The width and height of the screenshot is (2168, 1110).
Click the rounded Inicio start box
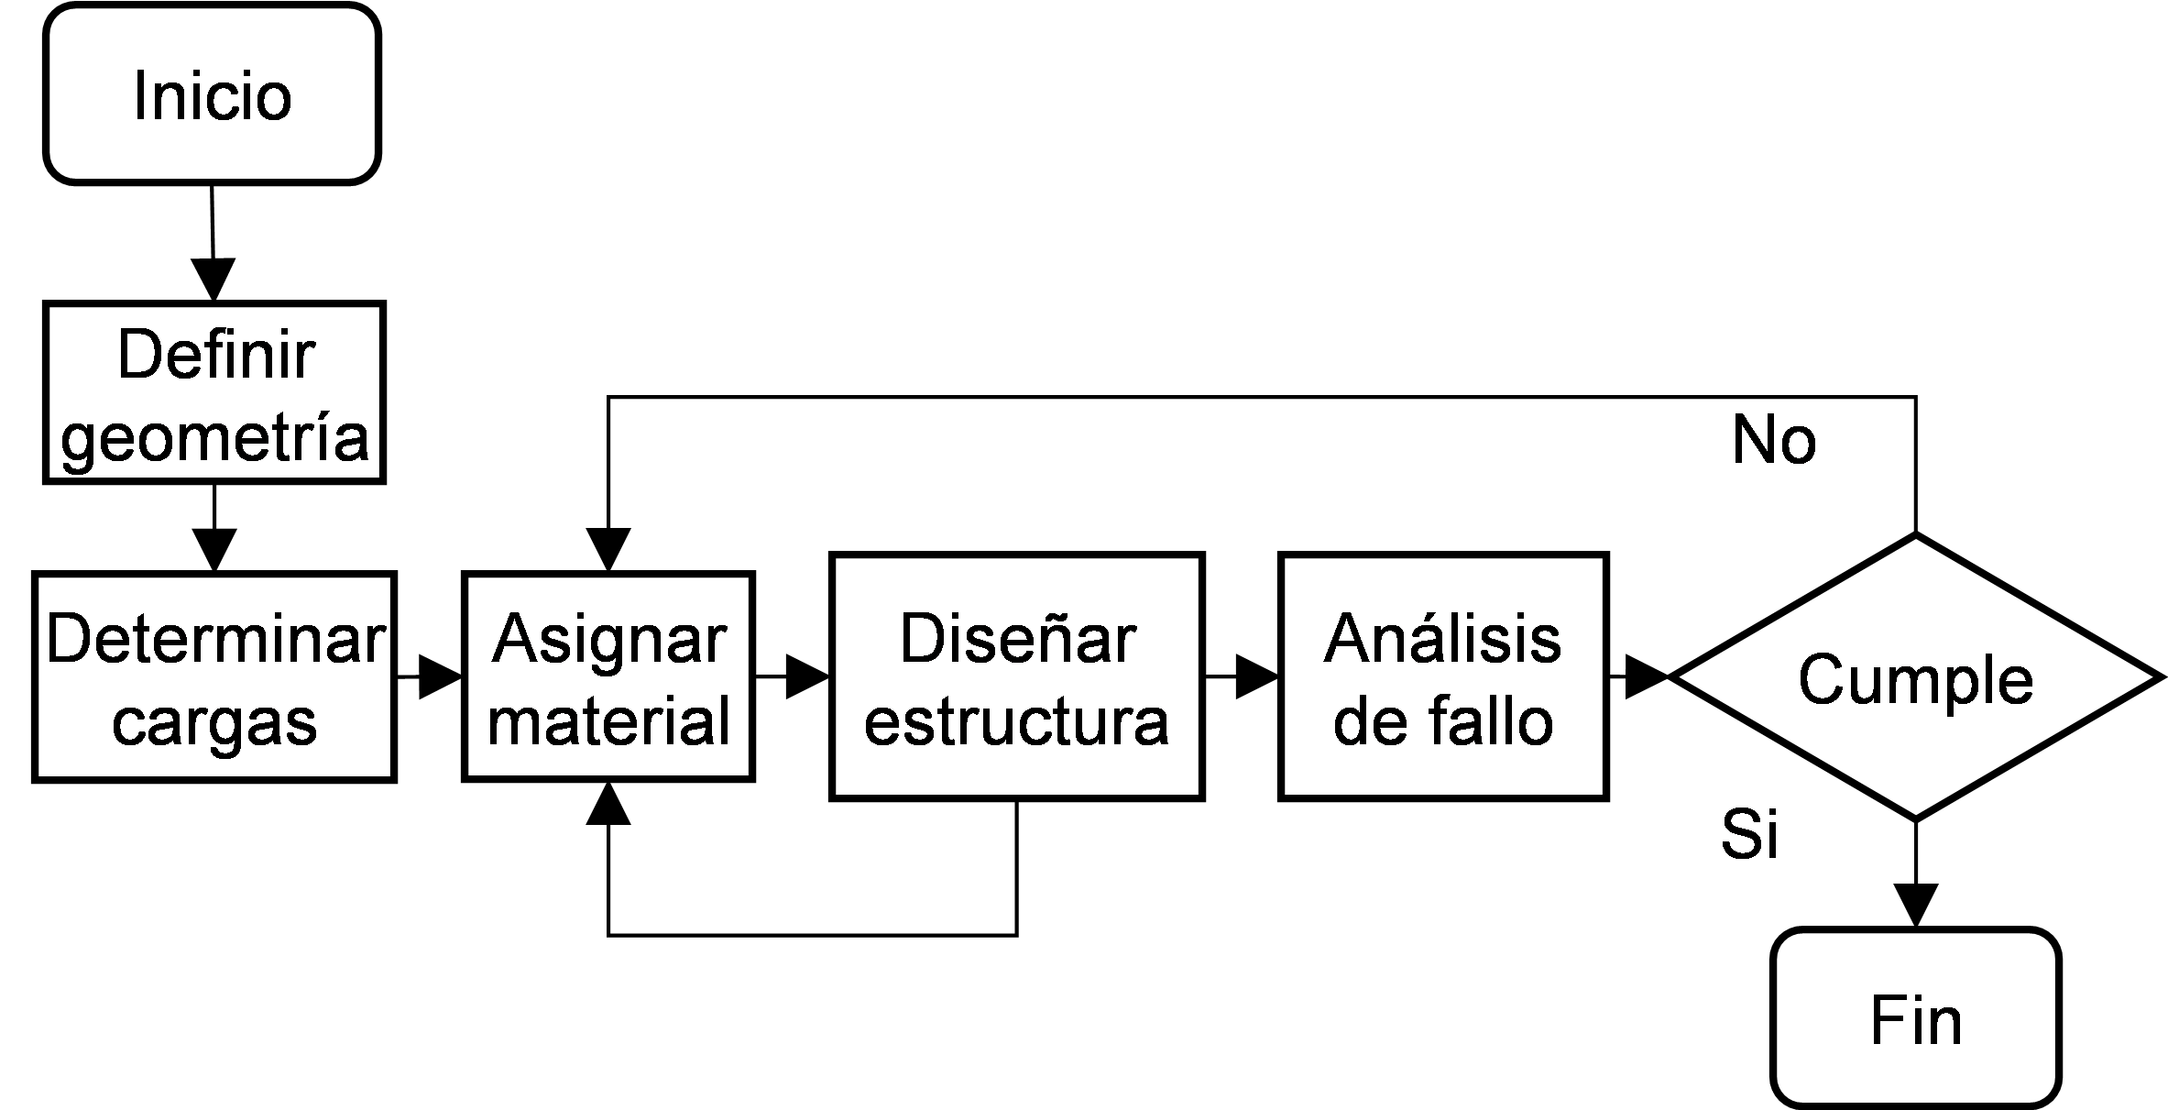coord(212,93)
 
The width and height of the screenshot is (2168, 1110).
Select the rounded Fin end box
coord(1915,1017)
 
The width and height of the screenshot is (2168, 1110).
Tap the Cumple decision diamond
coord(1915,677)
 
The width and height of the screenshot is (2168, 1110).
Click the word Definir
coord(216,355)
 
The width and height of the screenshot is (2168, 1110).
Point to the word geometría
coord(214,437)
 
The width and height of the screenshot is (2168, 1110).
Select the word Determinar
coord(215,639)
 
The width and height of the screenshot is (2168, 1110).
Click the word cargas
coord(214,722)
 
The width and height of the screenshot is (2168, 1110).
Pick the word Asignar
coord(609,639)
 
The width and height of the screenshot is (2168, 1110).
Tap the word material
coord(609,720)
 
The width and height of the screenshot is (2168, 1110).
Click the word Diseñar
coord(1017,639)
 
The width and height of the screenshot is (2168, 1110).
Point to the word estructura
coord(1016,722)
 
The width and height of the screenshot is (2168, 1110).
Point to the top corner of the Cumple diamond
coord(1915,541)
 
